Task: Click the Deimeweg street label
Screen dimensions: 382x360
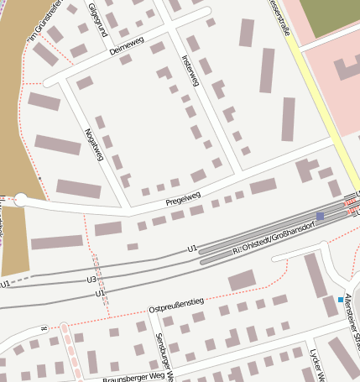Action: pos(127,44)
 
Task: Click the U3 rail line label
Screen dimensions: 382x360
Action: pos(91,279)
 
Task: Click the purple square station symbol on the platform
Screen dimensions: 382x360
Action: pos(320,216)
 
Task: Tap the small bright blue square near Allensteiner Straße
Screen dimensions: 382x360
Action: pos(340,300)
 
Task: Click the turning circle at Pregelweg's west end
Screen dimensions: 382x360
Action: pos(21,201)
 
